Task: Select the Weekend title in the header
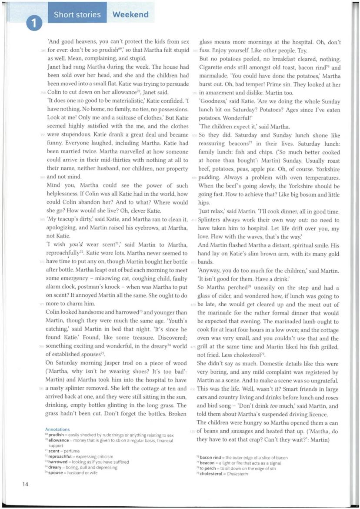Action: pos(130,15)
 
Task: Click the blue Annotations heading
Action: pos(57,429)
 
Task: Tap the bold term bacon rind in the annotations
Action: pos(210,458)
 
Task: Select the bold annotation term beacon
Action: pos(208,463)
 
